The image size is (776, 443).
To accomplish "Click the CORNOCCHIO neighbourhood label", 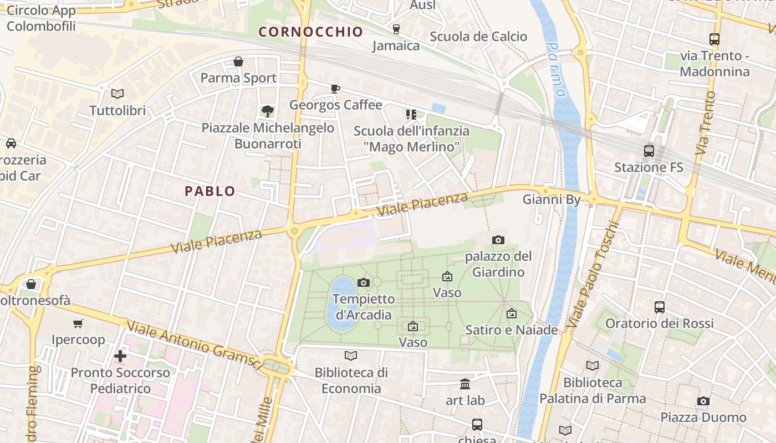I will pos(310,32).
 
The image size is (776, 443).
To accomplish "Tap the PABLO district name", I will pos(210,192).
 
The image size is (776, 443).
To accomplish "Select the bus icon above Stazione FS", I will pos(649,151).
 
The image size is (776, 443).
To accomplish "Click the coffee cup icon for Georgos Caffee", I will pos(335,89).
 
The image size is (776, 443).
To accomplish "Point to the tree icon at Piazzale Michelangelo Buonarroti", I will pos(268,111).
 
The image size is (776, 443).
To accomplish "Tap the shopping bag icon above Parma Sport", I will pos(238,61).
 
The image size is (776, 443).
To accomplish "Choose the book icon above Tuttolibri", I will pos(118,94).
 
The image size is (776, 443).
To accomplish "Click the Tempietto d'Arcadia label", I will pos(364,307).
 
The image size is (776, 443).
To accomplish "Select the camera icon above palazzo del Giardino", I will pos(498,240).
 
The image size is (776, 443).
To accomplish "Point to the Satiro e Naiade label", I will pos(511,330).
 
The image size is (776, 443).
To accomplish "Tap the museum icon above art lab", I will pos(465,384).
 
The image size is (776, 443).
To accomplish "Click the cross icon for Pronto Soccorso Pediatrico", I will pos(120,356).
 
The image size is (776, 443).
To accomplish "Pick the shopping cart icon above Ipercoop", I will pos(78,323).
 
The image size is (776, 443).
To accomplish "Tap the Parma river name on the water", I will pos(555,69).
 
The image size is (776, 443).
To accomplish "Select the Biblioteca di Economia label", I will pos(351,380).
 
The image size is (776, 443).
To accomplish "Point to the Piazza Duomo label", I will pos(703,417).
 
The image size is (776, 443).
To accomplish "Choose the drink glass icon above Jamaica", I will pos(396,29).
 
